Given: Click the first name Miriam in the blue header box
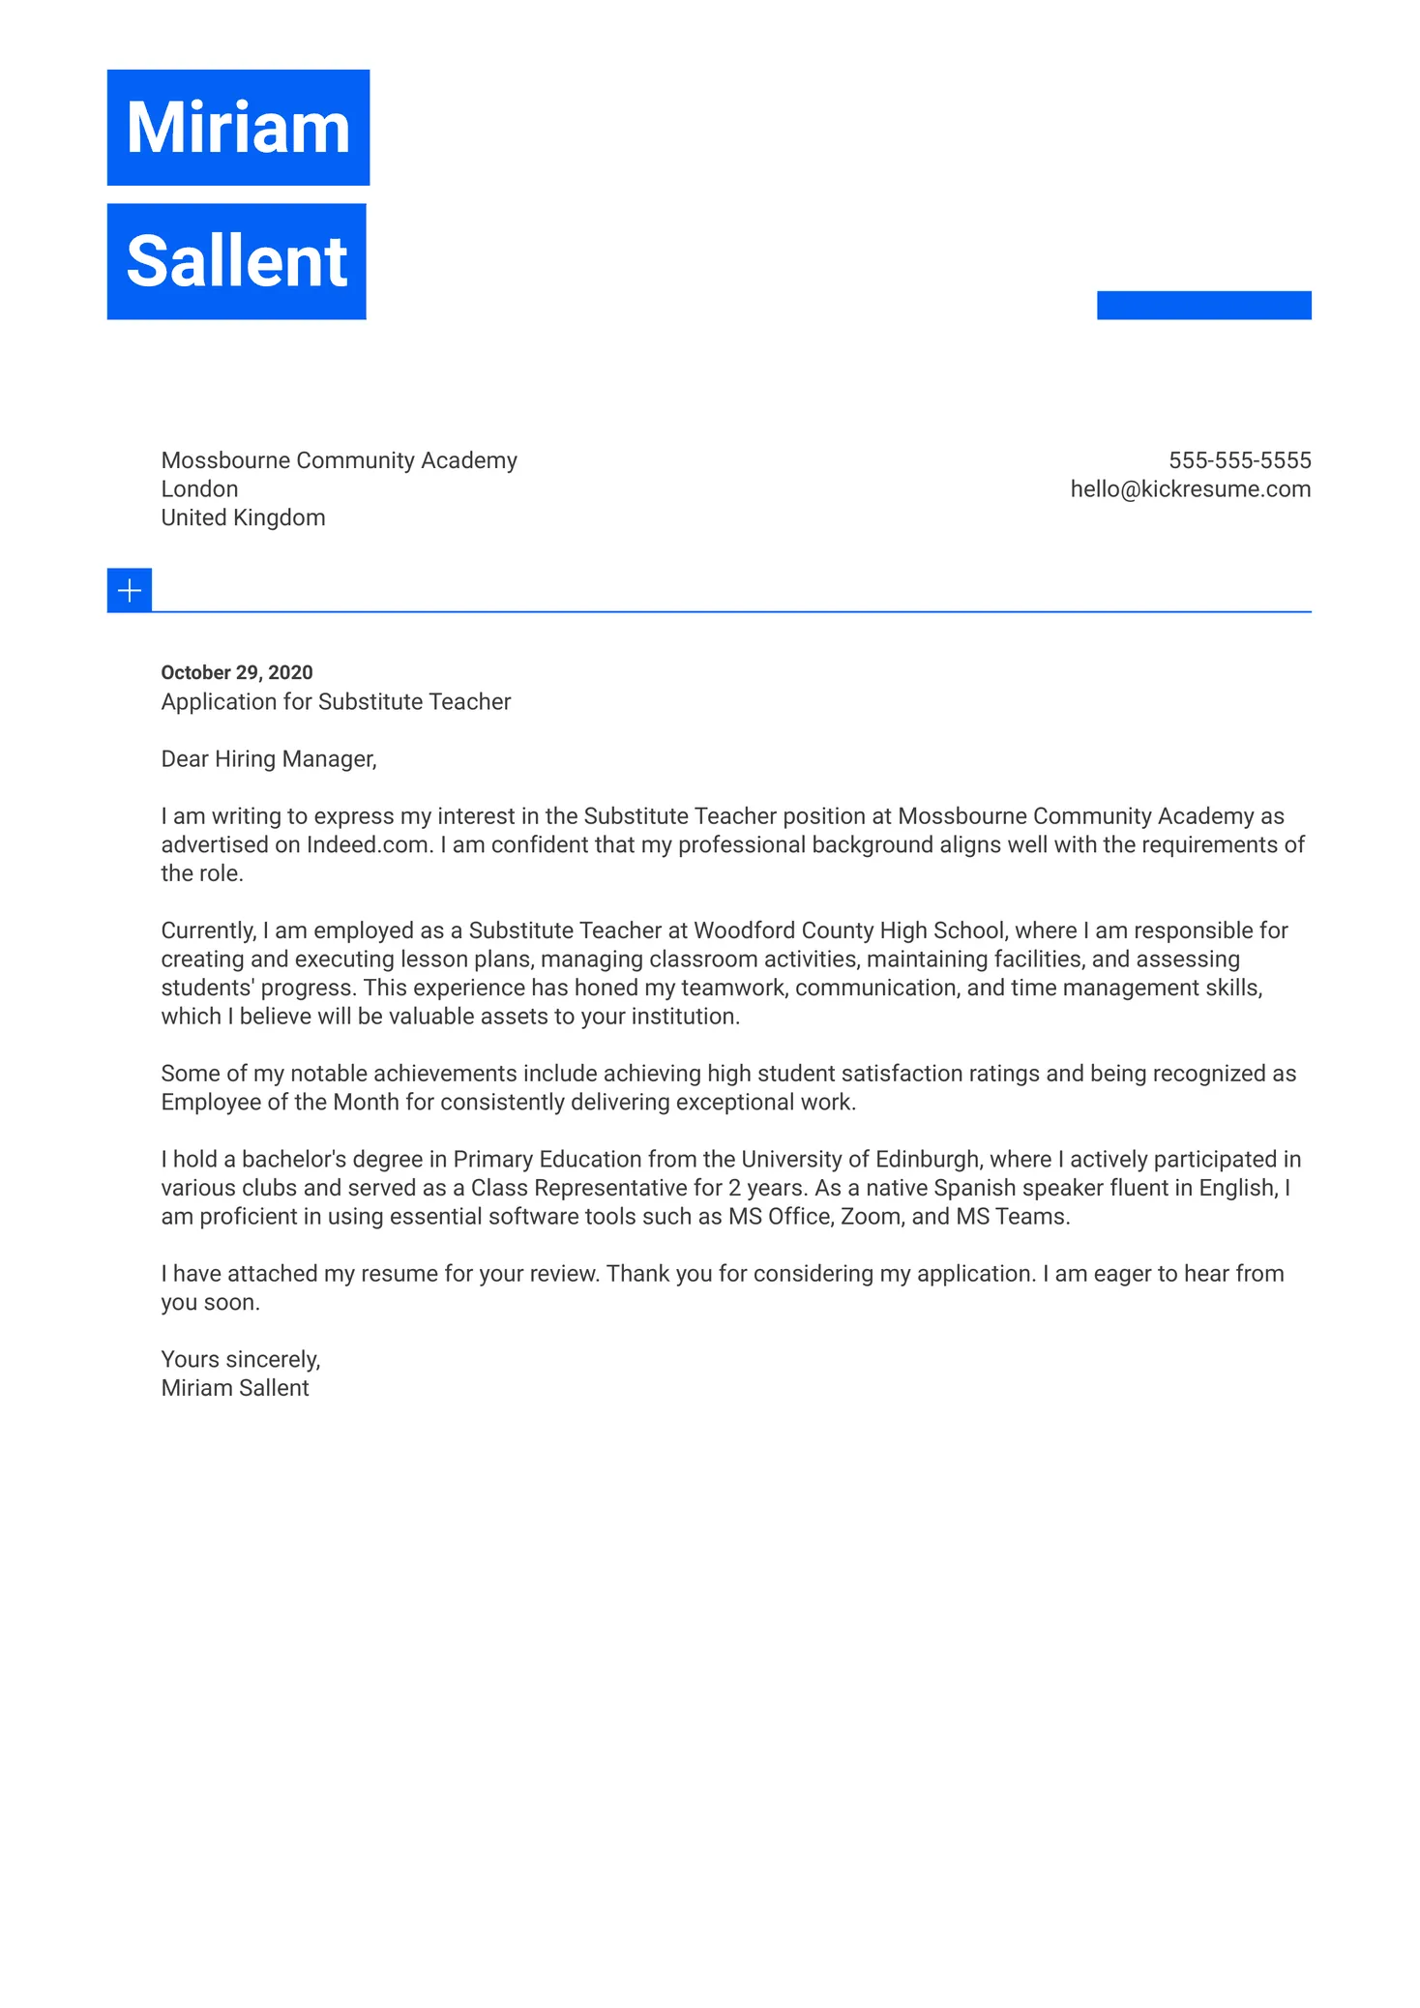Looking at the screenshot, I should (238, 128).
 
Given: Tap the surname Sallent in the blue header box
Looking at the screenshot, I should (236, 261).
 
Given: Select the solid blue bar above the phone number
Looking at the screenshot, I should (1203, 305).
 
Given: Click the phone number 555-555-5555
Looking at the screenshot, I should (1239, 460).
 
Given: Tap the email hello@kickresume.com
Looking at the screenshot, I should (1190, 489).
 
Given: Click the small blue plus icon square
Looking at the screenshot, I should (130, 590).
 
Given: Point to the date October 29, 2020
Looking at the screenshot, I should (237, 672).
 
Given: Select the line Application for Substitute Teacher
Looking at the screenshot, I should (336, 701).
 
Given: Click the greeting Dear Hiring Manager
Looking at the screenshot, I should (268, 759).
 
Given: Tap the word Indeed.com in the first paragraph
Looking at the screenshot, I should (368, 845).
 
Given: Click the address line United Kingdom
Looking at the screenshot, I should (243, 517).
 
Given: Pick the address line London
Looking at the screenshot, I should (199, 489).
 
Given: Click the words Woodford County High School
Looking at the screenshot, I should (850, 930).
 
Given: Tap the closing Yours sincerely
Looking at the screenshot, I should (240, 1360).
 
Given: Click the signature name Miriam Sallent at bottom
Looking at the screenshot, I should (235, 1388).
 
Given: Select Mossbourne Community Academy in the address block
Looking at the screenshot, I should (339, 460).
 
